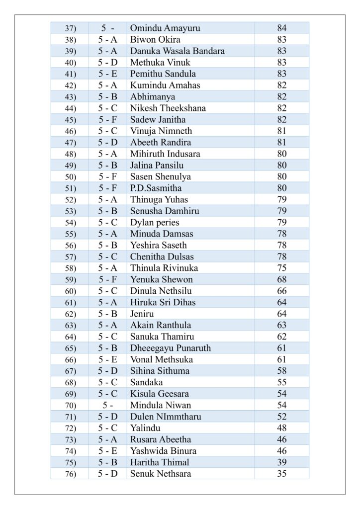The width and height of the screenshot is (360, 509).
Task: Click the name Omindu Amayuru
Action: (165, 28)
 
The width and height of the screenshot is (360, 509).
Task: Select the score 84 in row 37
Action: (282, 28)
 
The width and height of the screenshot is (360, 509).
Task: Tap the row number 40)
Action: (70, 63)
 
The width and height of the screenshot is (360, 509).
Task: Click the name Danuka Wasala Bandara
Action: (177, 51)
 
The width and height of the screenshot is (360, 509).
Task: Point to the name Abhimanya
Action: (153, 97)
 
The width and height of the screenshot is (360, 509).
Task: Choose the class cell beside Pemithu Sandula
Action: (107, 74)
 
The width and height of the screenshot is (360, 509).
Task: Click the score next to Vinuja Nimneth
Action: (282, 131)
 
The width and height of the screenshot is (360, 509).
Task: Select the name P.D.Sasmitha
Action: (156, 188)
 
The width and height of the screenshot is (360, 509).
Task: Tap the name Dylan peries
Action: (155, 223)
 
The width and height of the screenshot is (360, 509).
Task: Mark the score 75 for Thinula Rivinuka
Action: (282, 268)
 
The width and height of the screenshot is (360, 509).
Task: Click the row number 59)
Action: (70, 280)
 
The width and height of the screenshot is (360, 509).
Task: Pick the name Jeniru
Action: (142, 314)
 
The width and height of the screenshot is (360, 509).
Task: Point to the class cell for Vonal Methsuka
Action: (107, 360)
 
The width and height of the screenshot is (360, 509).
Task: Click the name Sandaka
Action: (146, 383)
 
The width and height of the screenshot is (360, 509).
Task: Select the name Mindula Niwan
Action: (161, 406)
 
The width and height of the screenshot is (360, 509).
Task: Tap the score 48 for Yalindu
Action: (282, 428)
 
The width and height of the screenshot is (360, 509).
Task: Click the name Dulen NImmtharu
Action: (166, 417)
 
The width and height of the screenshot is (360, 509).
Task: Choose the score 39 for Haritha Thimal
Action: (282, 463)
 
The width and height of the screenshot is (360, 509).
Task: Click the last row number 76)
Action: (70, 474)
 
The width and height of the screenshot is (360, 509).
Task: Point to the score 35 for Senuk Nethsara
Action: (282, 474)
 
